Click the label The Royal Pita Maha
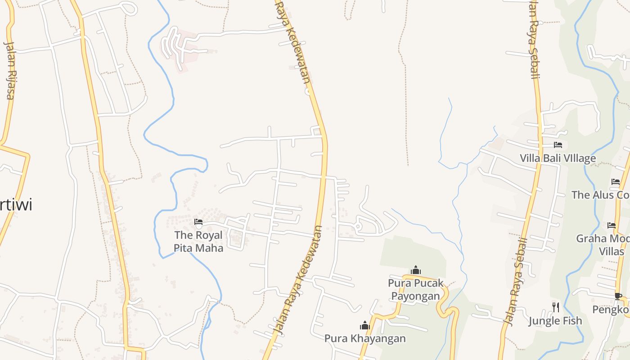[x=198, y=241]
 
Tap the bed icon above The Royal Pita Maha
[x=198, y=222]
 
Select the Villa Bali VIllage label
[x=558, y=158]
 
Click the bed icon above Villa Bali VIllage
[x=558, y=145]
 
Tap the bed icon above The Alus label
[x=616, y=182]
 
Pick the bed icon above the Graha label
[x=612, y=225]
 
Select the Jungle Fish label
[x=555, y=321]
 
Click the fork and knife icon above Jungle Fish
[x=556, y=307]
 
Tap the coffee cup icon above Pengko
[x=618, y=296]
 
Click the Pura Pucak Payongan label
[x=415, y=289]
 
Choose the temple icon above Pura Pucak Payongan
[x=416, y=270]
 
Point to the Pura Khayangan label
[x=365, y=338]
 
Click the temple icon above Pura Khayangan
[x=364, y=325]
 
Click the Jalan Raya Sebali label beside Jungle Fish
[x=516, y=281]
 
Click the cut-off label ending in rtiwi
[x=16, y=205]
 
